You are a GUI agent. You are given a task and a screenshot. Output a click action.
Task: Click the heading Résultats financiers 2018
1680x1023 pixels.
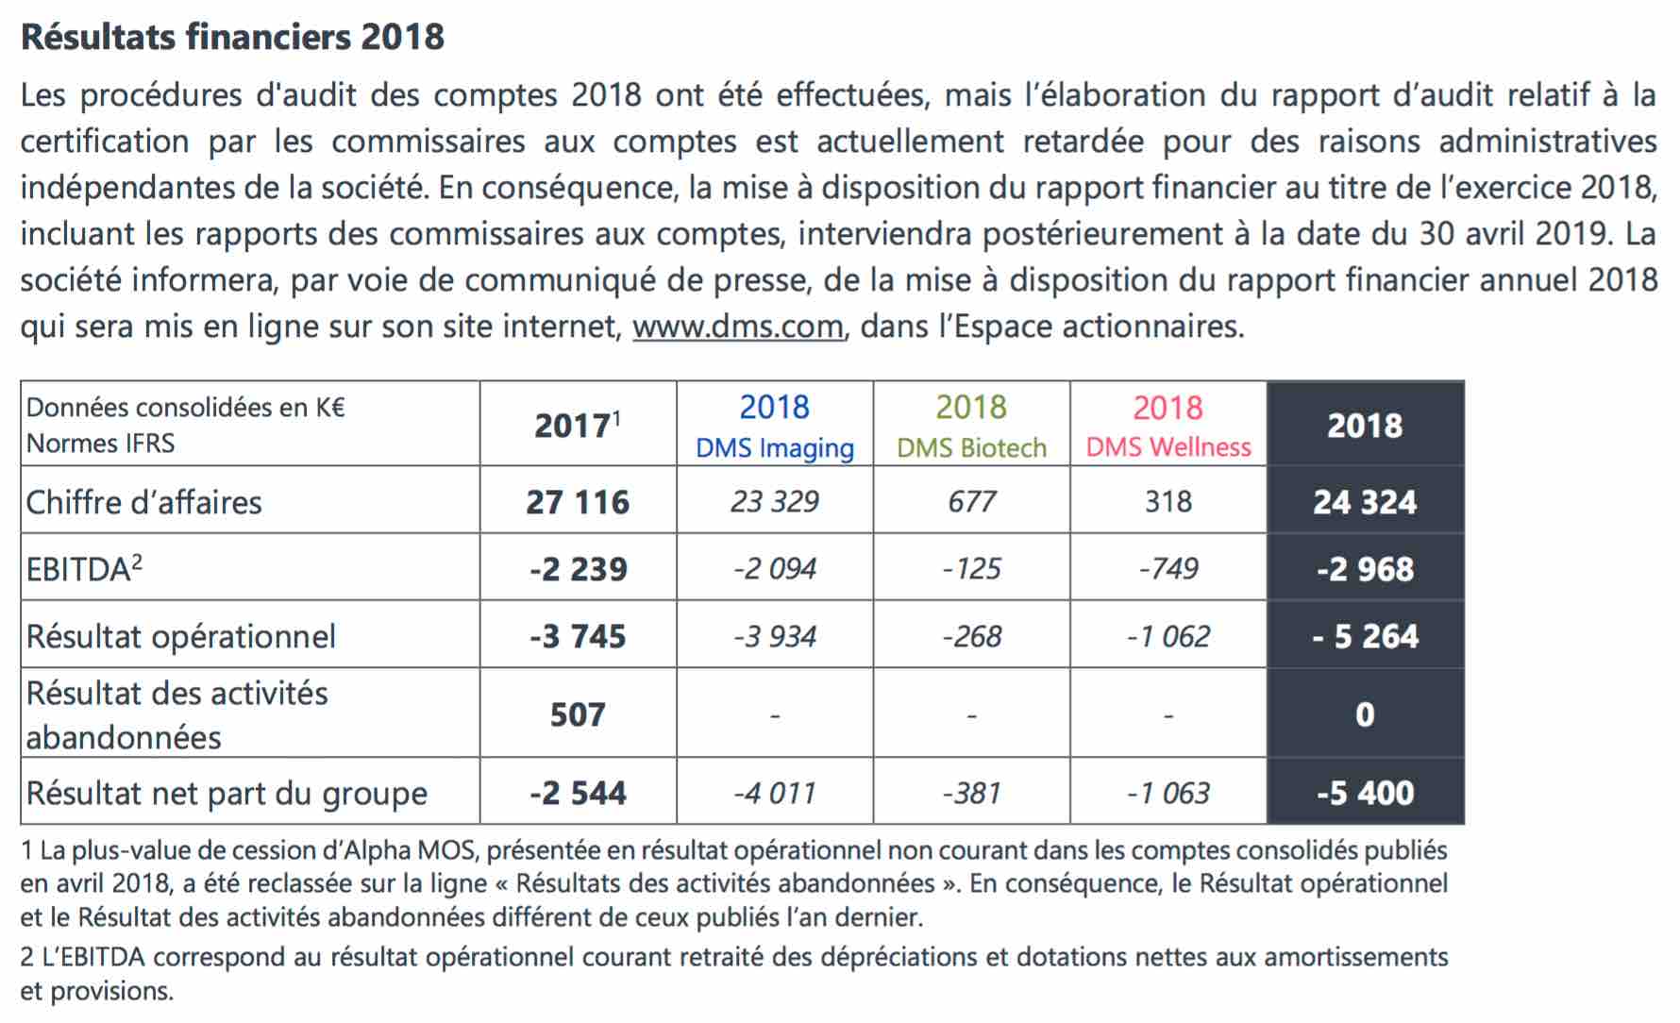[232, 37]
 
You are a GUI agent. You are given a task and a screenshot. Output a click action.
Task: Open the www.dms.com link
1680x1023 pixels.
[738, 327]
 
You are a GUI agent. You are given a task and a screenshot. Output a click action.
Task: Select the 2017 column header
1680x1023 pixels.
[578, 425]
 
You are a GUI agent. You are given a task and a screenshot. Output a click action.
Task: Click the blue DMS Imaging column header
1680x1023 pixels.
[775, 426]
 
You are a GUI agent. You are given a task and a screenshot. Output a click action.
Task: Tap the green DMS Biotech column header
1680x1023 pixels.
[971, 426]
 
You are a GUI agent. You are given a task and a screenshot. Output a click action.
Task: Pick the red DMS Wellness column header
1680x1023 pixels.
[1168, 426]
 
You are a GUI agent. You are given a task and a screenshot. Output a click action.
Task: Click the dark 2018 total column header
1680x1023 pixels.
[1365, 426]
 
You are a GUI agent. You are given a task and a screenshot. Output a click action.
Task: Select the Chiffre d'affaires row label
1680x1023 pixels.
[143, 502]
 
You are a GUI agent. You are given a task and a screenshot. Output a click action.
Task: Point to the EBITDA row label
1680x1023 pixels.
[84, 569]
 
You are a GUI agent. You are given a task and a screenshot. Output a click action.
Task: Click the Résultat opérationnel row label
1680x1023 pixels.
[180, 636]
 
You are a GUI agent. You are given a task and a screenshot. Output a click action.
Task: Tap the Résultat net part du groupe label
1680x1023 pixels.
[227, 794]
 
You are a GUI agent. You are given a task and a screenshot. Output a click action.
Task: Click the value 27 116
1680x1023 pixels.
[578, 502]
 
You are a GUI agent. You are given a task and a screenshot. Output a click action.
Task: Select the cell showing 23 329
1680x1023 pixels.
[775, 502]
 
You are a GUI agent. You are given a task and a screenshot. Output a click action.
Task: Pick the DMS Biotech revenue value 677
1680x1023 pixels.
[971, 502]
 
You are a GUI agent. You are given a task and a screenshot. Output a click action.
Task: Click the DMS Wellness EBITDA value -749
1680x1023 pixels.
[1168, 569]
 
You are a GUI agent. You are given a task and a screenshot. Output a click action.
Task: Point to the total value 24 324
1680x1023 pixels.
[1365, 502]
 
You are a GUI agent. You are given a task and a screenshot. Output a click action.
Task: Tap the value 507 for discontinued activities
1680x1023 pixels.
[578, 714]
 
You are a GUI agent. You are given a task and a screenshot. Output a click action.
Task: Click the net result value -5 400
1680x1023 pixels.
[1365, 793]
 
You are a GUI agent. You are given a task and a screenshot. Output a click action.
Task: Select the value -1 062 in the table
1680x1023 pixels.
[1168, 636]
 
